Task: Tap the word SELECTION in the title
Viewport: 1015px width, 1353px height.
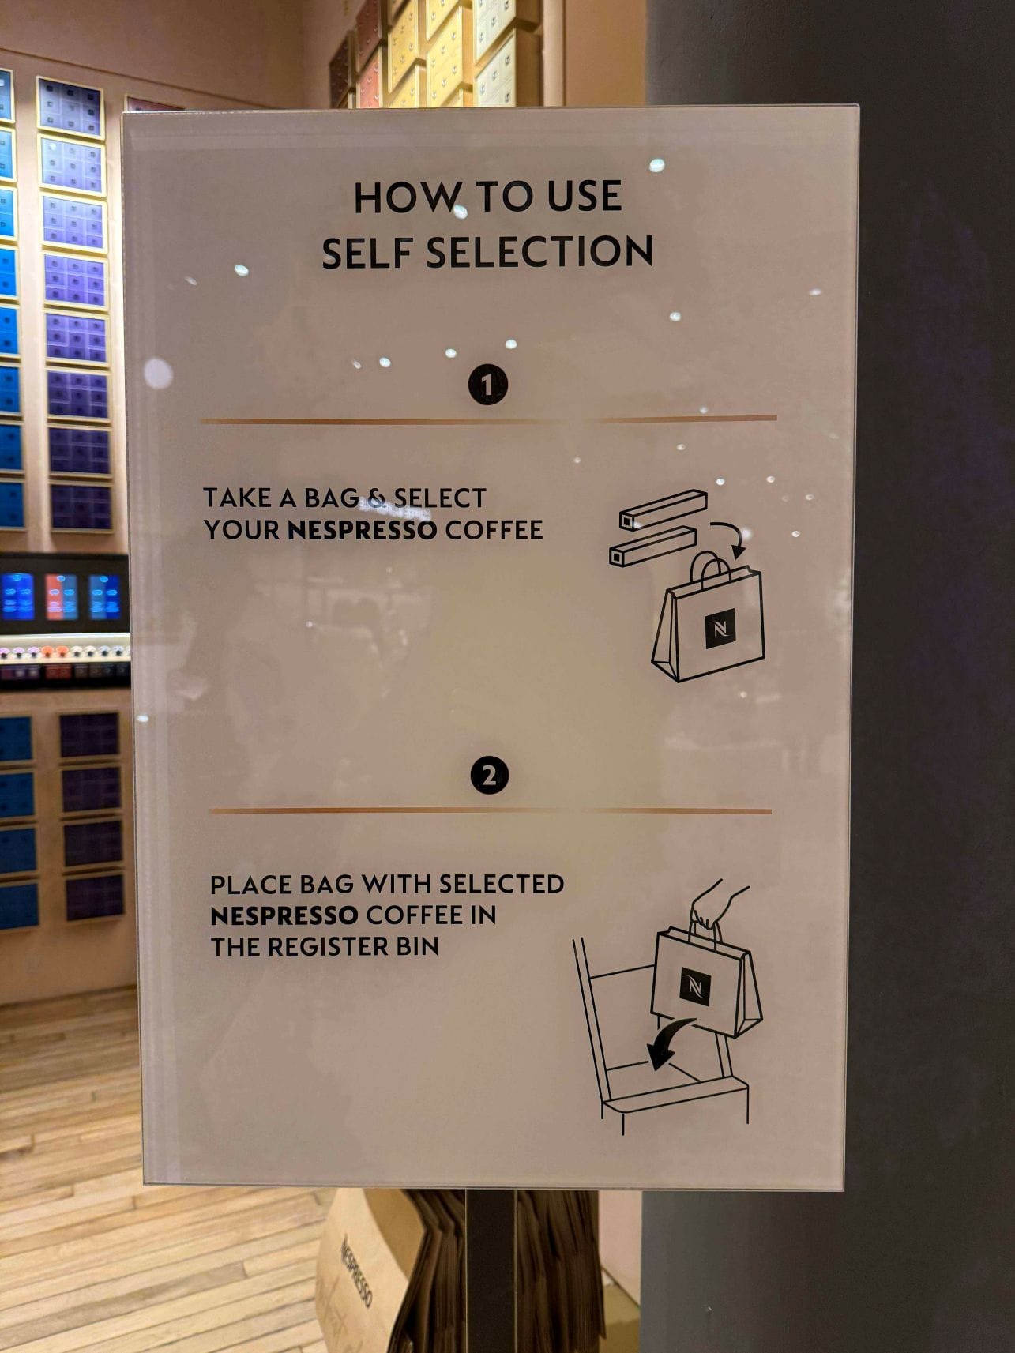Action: tap(539, 253)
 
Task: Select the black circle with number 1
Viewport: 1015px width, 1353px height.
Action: tap(487, 385)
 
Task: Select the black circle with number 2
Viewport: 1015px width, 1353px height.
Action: tap(490, 776)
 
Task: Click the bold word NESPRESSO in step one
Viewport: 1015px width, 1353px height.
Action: tap(363, 530)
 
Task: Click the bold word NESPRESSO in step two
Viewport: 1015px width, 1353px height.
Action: tap(284, 915)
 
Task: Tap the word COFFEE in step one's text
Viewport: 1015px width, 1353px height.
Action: tap(494, 530)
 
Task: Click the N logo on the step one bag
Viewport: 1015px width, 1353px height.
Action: tap(720, 630)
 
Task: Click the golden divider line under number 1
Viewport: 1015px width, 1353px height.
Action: tap(489, 420)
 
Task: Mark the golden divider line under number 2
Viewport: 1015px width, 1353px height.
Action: tap(490, 810)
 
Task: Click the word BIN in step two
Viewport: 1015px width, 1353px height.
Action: tap(417, 947)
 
